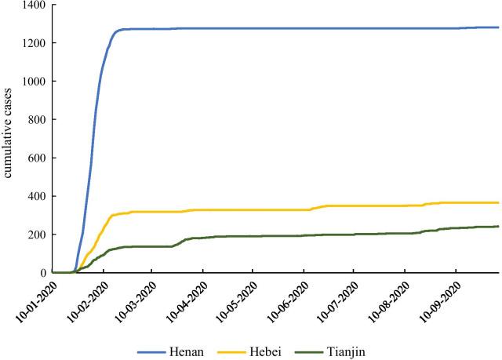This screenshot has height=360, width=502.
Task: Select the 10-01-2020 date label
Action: [35, 299]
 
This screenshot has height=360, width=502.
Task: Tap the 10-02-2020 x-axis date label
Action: [85, 299]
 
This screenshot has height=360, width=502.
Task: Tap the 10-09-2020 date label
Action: [437, 299]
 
